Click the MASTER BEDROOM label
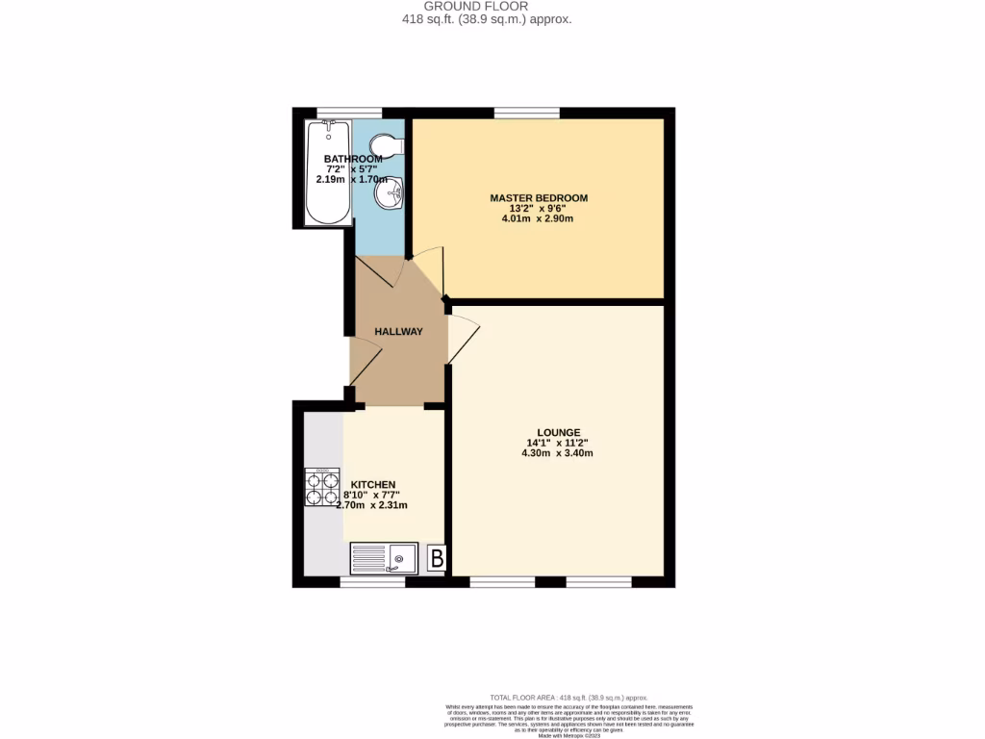(x=539, y=198)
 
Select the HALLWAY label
(x=398, y=332)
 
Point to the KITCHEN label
(x=372, y=485)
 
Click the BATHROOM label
(x=346, y=159)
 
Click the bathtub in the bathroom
(x=327, y=173)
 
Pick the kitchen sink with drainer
(x=384, y=557)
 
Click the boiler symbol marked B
(x=436, y=558)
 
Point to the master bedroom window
(x=527, y=114)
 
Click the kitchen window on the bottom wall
(x=372, y=582)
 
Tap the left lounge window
(x=502, y=582)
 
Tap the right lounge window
(x=598, y=582)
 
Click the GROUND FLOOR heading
(x=489, y=6)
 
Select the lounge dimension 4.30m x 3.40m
(x=557, y=453)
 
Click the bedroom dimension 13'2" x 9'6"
(x=538, y=208)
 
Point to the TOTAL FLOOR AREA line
(x=568, y=697)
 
